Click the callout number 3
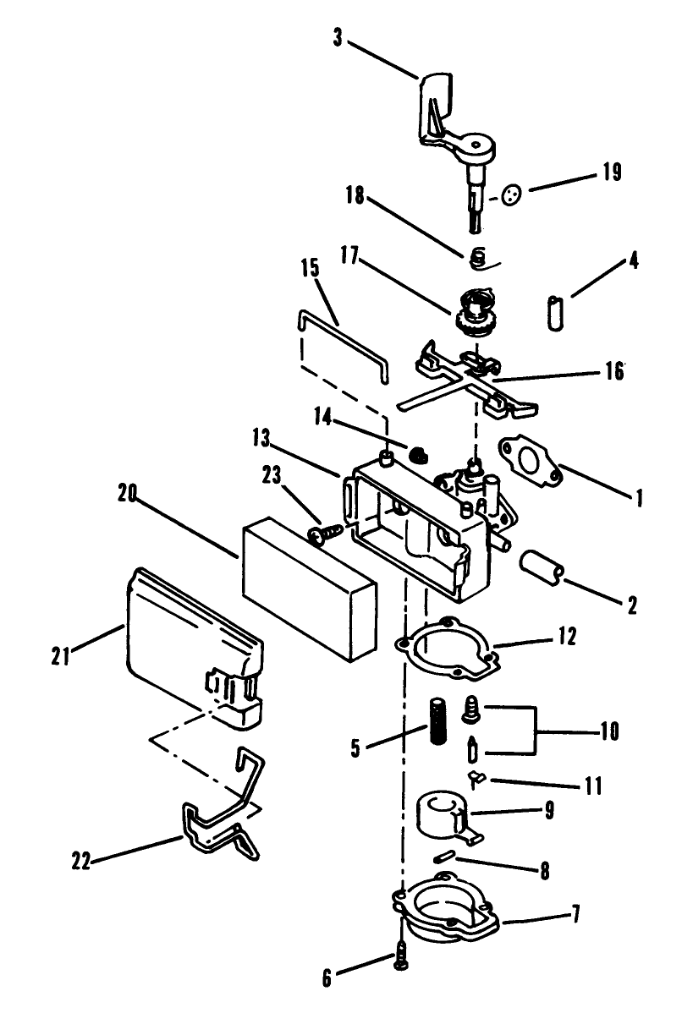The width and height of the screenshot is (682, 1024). tap(338, 39)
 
